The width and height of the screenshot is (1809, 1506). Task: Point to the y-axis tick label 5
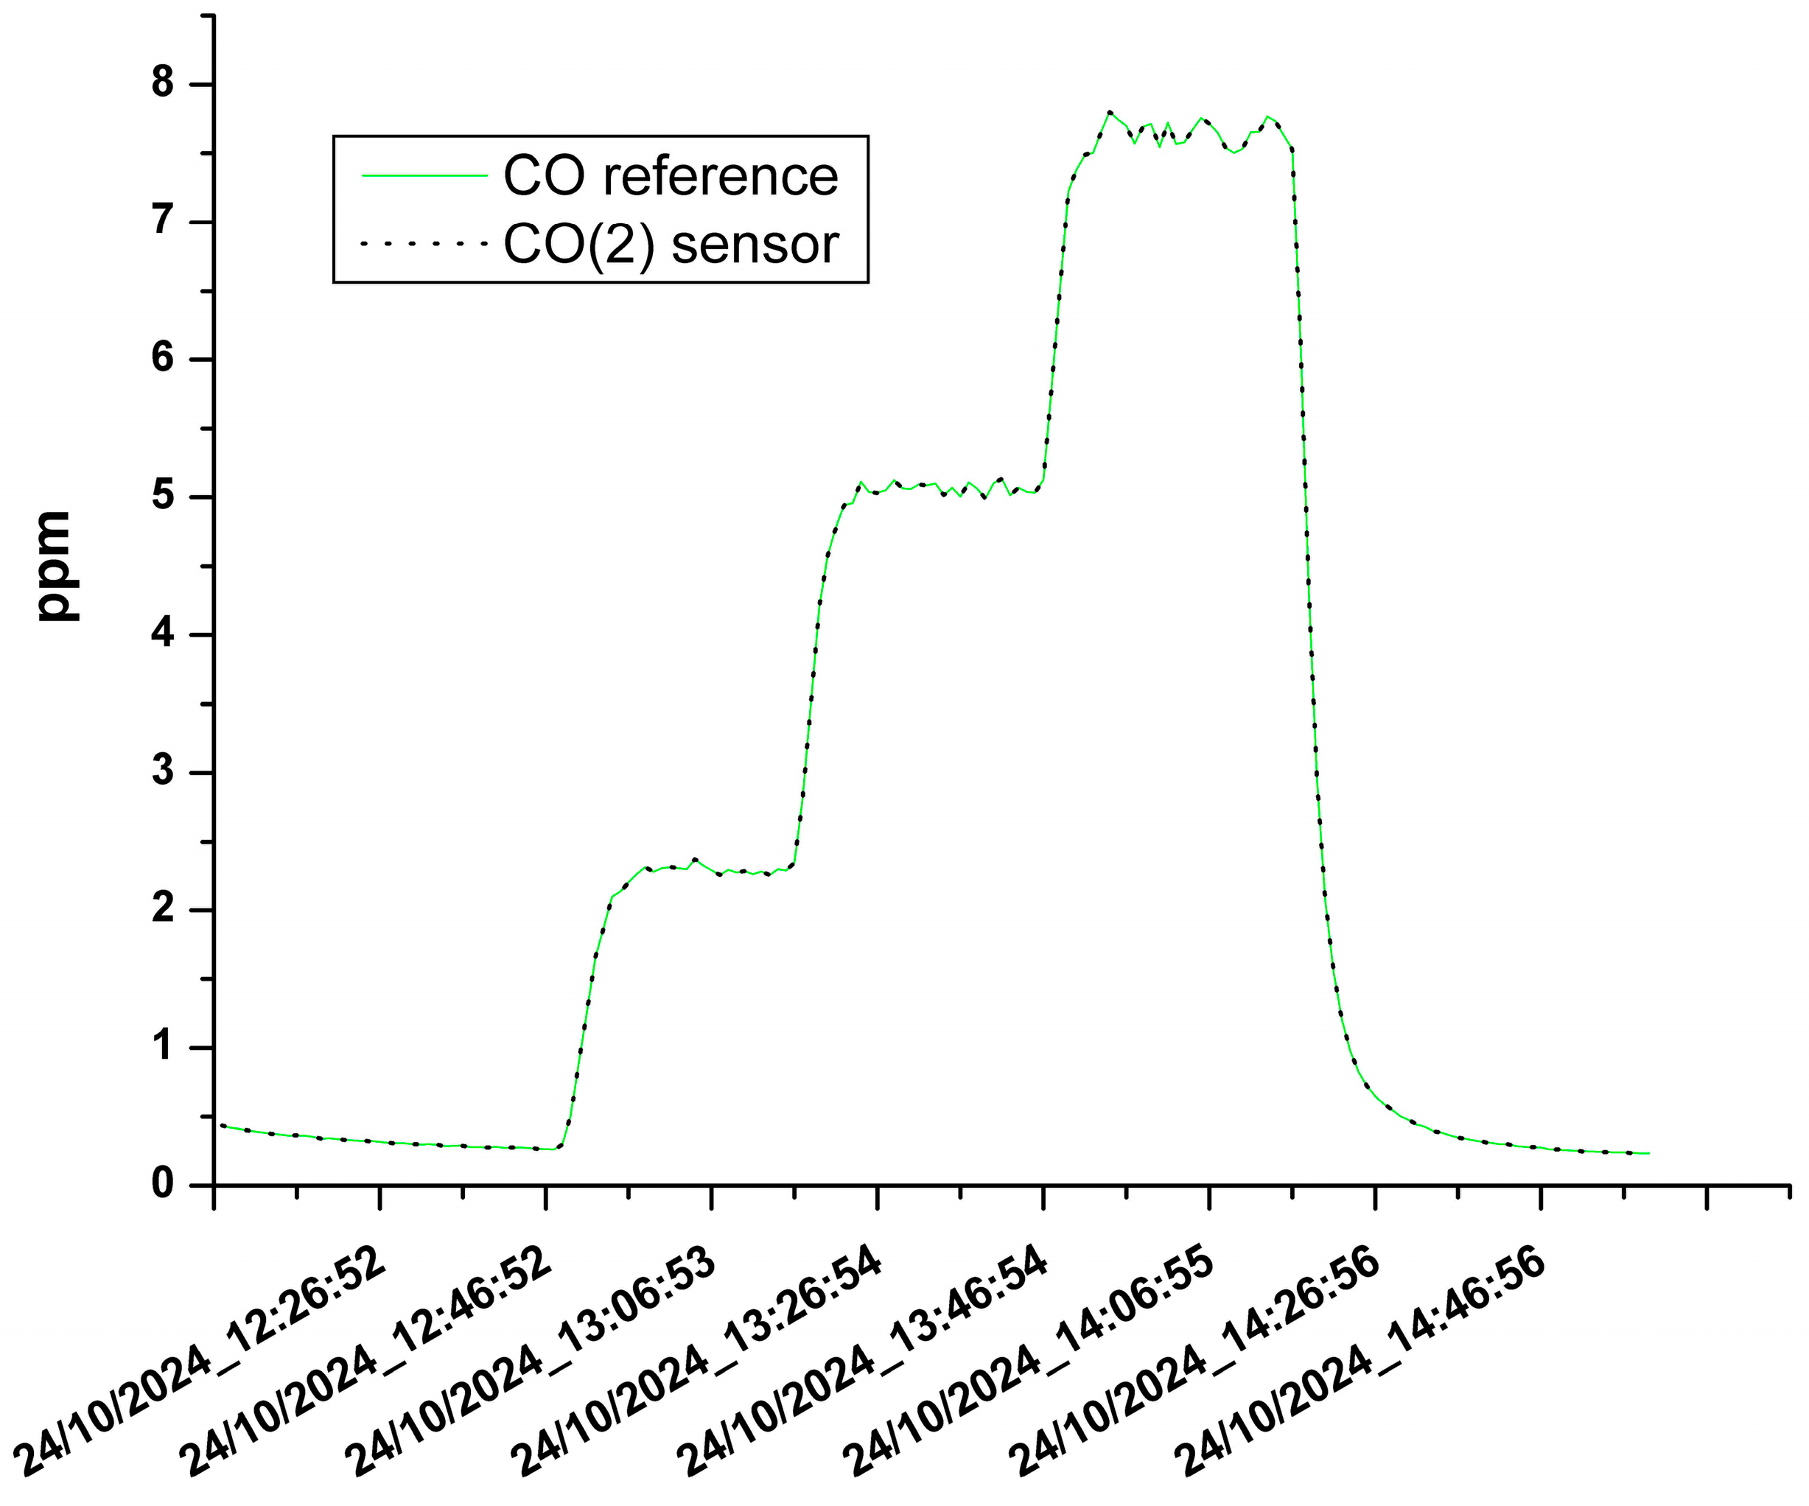163,497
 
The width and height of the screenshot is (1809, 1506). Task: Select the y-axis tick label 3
163,772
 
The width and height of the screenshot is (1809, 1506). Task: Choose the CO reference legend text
671,177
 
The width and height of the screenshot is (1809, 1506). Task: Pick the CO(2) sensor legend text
671,245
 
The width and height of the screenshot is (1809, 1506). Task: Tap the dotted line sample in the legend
424,245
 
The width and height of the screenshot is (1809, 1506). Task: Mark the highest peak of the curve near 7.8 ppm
1110,112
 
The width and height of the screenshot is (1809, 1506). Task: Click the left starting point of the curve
223,1124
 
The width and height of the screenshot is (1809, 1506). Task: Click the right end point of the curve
1648,1153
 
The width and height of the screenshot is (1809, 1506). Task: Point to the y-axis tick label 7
163,222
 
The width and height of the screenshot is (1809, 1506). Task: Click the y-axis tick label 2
163,909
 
